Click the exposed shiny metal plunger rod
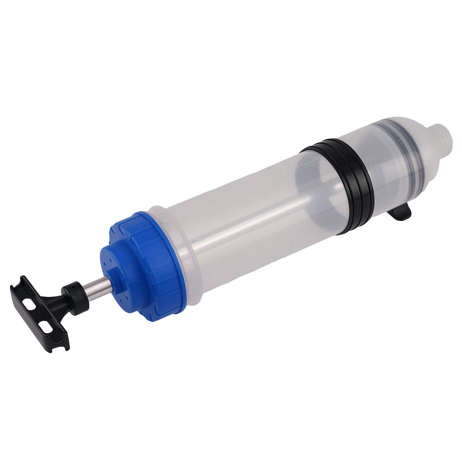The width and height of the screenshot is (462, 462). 97,288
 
